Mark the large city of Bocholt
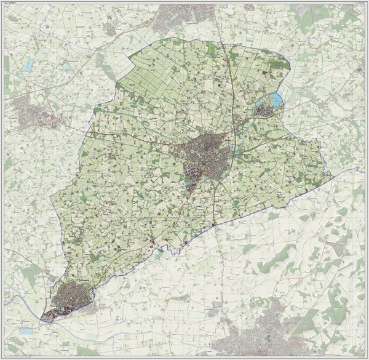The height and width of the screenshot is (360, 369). (258, 338)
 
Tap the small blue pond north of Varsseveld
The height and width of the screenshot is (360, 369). (28, 68)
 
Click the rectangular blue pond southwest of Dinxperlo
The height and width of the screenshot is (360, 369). (25, 331)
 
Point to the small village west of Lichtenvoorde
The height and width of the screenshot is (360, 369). (111, 28)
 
